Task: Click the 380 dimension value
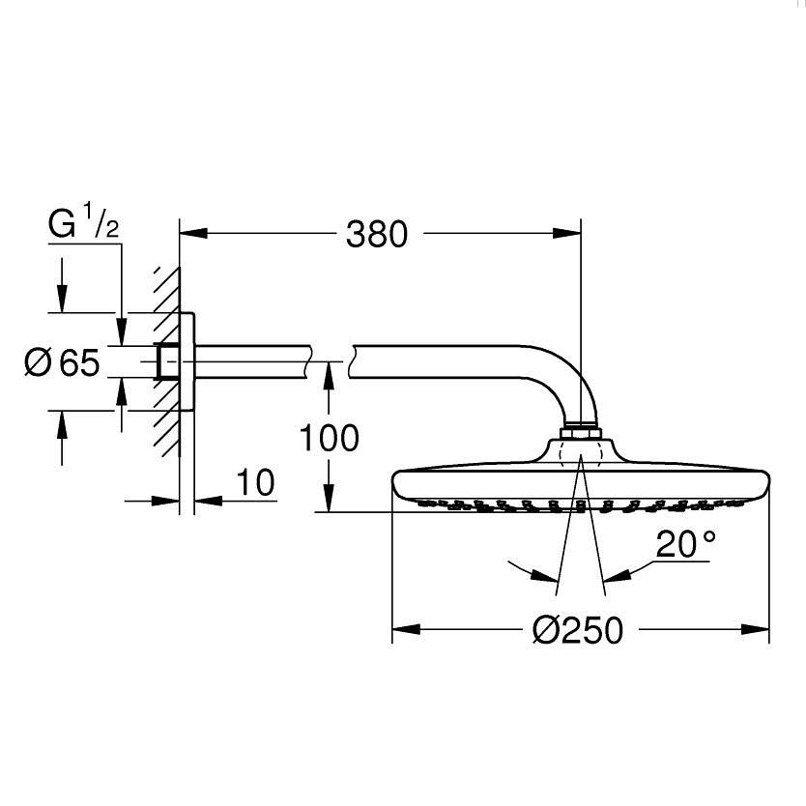377,234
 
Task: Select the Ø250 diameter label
578,631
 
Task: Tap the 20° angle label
686,546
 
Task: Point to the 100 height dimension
328,438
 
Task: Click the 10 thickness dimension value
255,482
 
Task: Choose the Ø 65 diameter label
62,363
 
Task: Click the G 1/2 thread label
84,225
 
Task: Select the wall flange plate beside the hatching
188,362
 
